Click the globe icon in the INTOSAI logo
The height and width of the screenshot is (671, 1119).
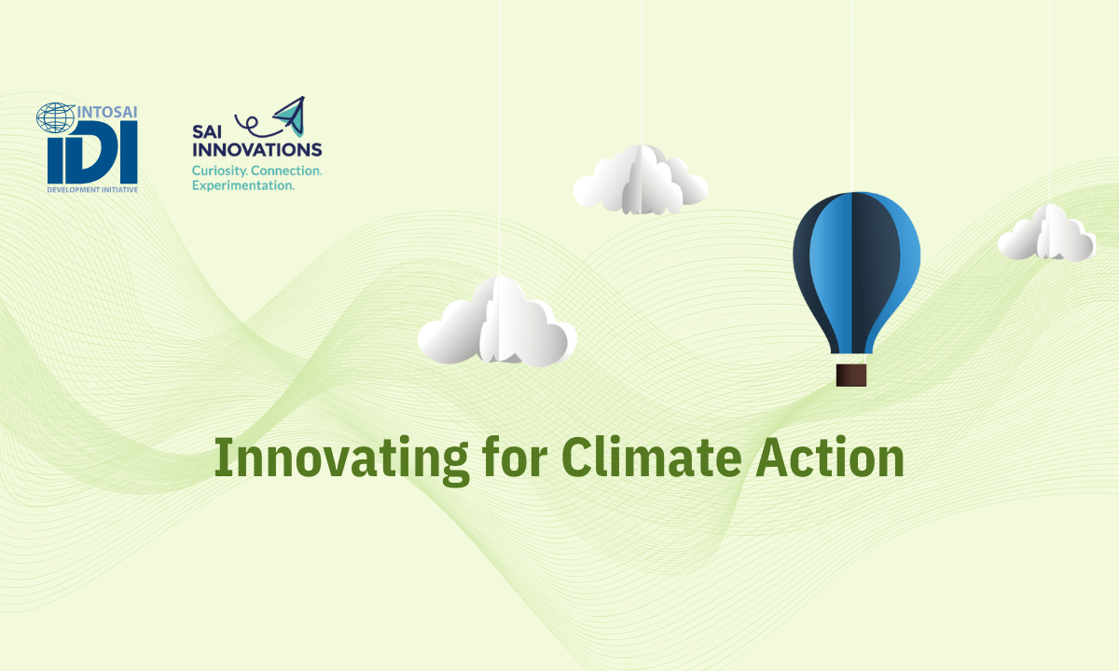pyautogui.click(x=54, y=117)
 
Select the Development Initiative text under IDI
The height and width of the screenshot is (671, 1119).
pyautogui.click(x=92, y=188)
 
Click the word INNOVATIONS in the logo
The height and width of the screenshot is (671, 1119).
pyautogui.click(x=256, y=149)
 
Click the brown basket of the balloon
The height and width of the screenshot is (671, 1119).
pyautogui.click(x=851, y=375)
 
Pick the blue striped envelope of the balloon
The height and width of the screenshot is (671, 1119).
pyautogui.click(x=856, y=266)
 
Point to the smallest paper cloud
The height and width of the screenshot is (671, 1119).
pyautogui.click(x=1046, y=234)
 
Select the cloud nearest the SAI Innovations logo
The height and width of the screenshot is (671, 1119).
pyautogui.click(x=640, y=180)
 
